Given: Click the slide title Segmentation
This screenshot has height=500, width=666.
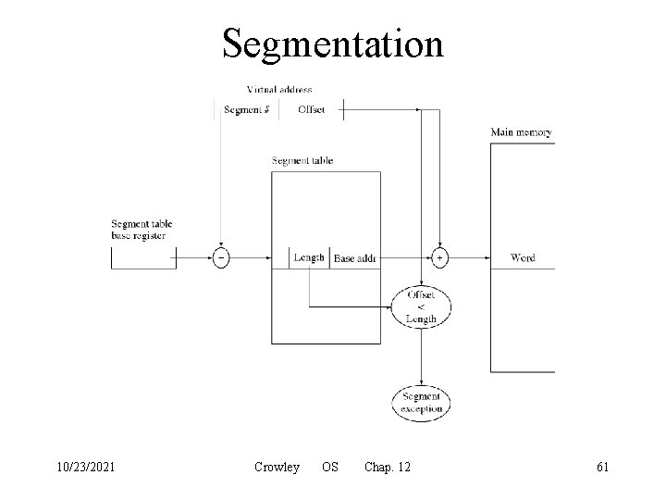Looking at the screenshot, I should (x=333, y=43).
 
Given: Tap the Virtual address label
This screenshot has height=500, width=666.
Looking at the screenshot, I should (x=279, y=90).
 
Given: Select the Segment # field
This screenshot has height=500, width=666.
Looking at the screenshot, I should (x=247, y=110).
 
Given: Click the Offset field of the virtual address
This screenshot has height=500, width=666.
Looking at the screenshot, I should (x=312, y=110).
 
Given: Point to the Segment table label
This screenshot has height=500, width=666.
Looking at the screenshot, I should (x=302, y=161).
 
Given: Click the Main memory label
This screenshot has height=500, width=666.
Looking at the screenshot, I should (x=522, y=132).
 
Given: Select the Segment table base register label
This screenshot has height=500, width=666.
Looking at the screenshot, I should (x=142, y=230).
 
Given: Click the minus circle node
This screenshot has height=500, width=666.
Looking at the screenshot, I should (x=221, y=258).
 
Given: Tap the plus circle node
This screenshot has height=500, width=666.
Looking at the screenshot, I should (x=439, y=258).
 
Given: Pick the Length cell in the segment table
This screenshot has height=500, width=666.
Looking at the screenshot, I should (x=309, y=257).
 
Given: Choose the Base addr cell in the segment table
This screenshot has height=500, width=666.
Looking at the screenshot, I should (x=354, y=258).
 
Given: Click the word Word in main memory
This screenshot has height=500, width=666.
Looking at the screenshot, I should (x=523, y=258).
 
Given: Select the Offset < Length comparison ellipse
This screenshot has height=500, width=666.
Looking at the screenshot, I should (x=421, y=306).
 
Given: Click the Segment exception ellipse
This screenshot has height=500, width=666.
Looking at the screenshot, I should (x=421, y=402).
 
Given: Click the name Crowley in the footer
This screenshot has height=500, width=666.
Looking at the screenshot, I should (x=277, y=468).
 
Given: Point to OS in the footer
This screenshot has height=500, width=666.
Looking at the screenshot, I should (x=329, y=468).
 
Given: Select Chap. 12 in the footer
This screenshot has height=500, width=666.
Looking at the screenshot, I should (x=388, y=468).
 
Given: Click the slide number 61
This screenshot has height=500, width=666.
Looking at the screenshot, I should (x=602, y=468).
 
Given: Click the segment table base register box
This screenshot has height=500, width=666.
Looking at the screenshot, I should (x=143, y=258).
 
